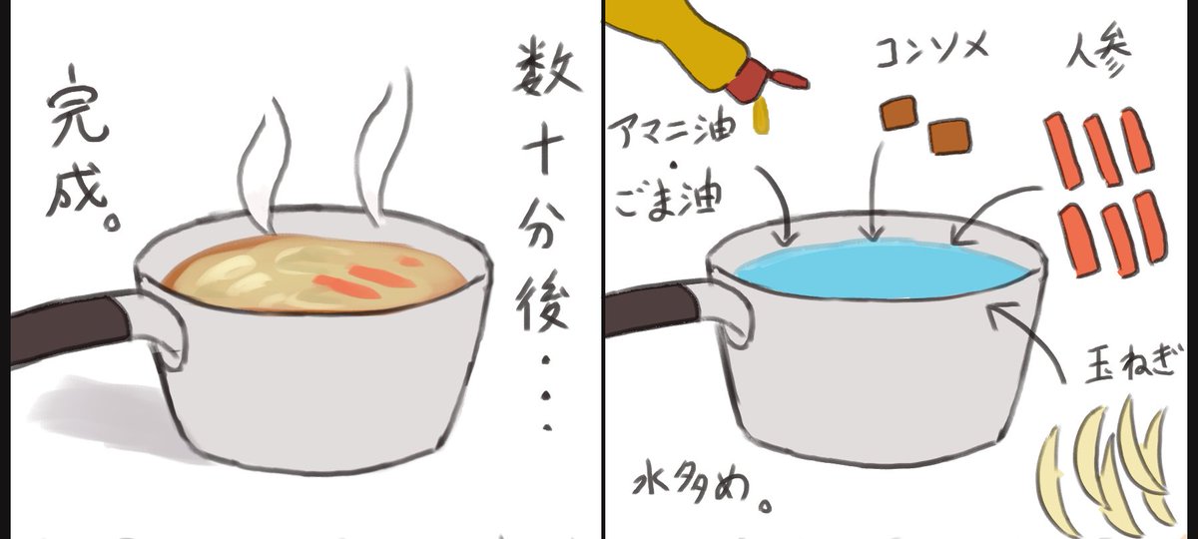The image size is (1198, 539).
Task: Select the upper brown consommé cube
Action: click(x=898, y=112)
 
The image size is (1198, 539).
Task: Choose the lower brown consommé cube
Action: click(x=948, y=136)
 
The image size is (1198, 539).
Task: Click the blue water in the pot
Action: click(x=879, y=269)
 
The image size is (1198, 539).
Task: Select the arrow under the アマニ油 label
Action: click(x=781, y=205)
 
